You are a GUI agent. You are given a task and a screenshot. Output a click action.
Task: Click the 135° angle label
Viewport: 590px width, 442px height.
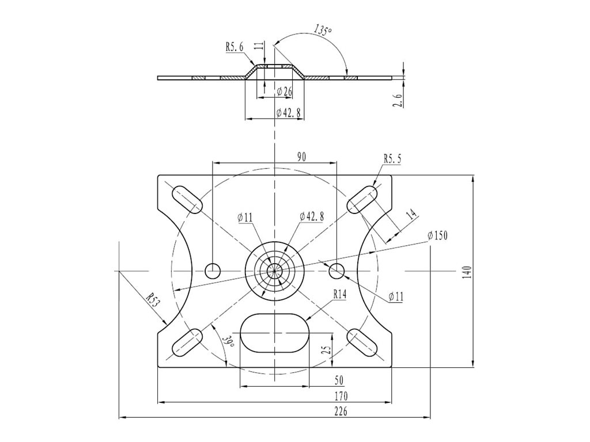click(x=323, y=30)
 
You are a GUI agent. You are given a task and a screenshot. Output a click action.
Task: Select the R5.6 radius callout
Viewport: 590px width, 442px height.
click(x=235, y=47)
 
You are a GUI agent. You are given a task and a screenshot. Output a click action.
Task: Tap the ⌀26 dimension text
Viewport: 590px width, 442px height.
click(x=284, y=91)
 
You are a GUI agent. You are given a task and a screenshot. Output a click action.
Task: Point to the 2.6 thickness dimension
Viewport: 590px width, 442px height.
click(x=398, y=100)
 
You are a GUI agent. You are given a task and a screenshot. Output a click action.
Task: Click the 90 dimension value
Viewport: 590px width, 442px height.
click(x=301, y=157)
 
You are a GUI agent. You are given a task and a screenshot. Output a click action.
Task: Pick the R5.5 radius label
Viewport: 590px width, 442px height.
click(x=392, y=159)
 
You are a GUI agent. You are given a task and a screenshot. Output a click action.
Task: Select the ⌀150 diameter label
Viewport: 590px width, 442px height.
click(x=438, y=235)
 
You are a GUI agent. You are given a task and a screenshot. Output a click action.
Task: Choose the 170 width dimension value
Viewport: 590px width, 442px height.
click(x=341, y=396)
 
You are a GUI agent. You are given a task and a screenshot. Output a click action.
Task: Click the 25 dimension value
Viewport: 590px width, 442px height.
click(x=327, y=350)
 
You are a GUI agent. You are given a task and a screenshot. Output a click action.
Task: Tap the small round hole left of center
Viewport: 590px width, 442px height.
click(x=213, y=270)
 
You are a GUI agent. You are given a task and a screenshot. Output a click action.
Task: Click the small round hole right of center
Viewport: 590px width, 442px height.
click(x=336, y=270)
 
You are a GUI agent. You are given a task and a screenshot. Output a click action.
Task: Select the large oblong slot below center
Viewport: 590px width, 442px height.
click(x=275, y=333)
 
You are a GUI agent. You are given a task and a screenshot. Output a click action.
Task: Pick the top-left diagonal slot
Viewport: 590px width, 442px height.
click(x=187, y=200)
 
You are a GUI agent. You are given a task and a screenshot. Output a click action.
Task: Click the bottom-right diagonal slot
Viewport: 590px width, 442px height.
click(x=362, y=343)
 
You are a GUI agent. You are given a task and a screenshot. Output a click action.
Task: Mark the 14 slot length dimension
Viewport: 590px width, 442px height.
click(x=411, y=215)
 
